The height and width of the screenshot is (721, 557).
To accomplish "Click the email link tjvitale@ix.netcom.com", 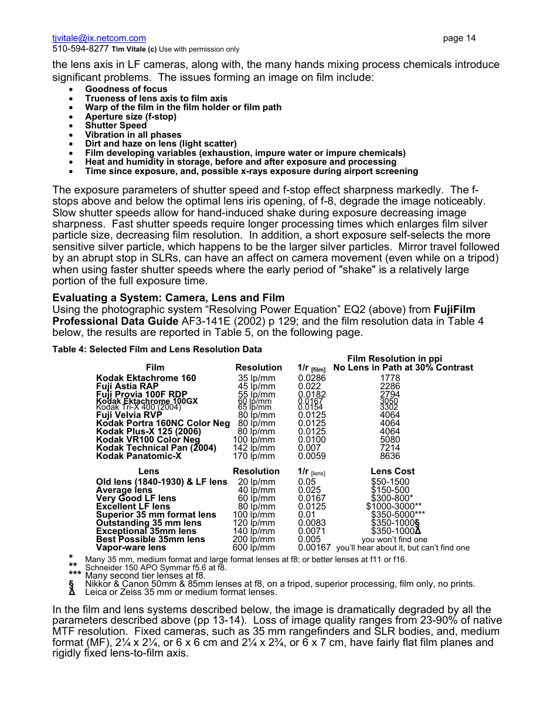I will click(x=99, y=38).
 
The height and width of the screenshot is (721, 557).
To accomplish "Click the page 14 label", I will click(x=459, y=38).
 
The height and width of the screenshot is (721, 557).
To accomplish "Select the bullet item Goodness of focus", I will click(x=126, y=89).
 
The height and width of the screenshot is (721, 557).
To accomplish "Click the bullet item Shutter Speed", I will click(x=116, y=125).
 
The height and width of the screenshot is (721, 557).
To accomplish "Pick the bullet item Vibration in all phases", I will click(x=133, y=135).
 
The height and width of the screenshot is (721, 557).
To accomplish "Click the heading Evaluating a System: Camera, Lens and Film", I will click(x=168, y=298).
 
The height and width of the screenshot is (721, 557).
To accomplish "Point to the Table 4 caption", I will click(x=157, y=349).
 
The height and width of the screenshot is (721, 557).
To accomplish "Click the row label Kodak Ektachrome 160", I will click(x=146, y=378).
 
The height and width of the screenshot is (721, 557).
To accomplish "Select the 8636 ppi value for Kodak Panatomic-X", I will click(x=390, y=456).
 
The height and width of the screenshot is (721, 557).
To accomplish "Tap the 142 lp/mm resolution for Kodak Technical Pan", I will click(x=254, y=448).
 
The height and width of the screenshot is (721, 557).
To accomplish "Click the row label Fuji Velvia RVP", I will click(x=129, y=415).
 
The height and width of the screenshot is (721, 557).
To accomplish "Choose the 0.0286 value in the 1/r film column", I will click(x=311, y=378).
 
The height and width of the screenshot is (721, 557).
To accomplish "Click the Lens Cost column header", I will click(x=392, y=471).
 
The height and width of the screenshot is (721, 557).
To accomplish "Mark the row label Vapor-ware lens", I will click(x=131, y=547).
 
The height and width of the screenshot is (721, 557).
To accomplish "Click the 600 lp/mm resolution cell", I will click(x=254, y=547).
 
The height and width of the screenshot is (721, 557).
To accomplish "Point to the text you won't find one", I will click(x=394, y=539).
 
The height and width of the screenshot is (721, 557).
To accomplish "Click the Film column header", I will click(x=155, y=368).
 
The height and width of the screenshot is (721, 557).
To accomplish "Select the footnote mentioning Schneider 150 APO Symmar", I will click(x=155, y=567).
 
